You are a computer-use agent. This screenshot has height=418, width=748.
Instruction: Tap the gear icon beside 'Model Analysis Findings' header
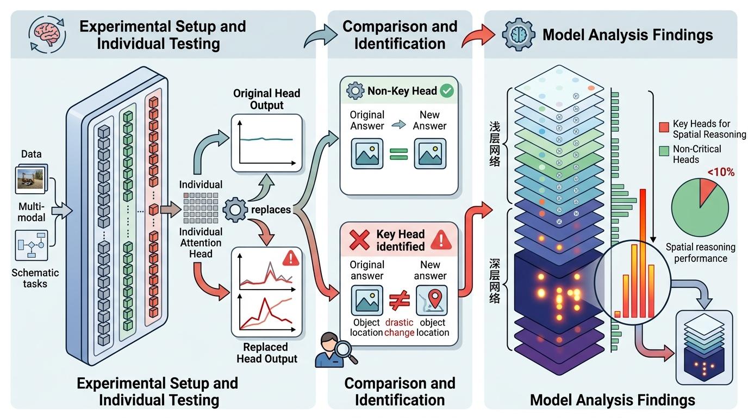coord(518,34)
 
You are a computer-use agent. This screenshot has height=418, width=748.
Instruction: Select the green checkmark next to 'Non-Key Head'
coord(447,91)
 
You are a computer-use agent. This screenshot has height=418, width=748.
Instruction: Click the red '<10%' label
coord(721,173)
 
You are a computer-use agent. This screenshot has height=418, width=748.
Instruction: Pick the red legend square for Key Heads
coord(664,126)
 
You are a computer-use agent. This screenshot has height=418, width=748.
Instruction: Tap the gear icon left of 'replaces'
coord(235,210)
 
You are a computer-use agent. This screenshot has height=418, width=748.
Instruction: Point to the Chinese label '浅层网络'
coord(495,143)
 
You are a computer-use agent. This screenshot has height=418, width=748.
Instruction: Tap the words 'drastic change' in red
coord(399,327)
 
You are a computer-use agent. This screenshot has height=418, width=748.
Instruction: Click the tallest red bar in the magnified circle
coord(643,253)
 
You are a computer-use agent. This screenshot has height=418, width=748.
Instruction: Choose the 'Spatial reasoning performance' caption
coord(700,253)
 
